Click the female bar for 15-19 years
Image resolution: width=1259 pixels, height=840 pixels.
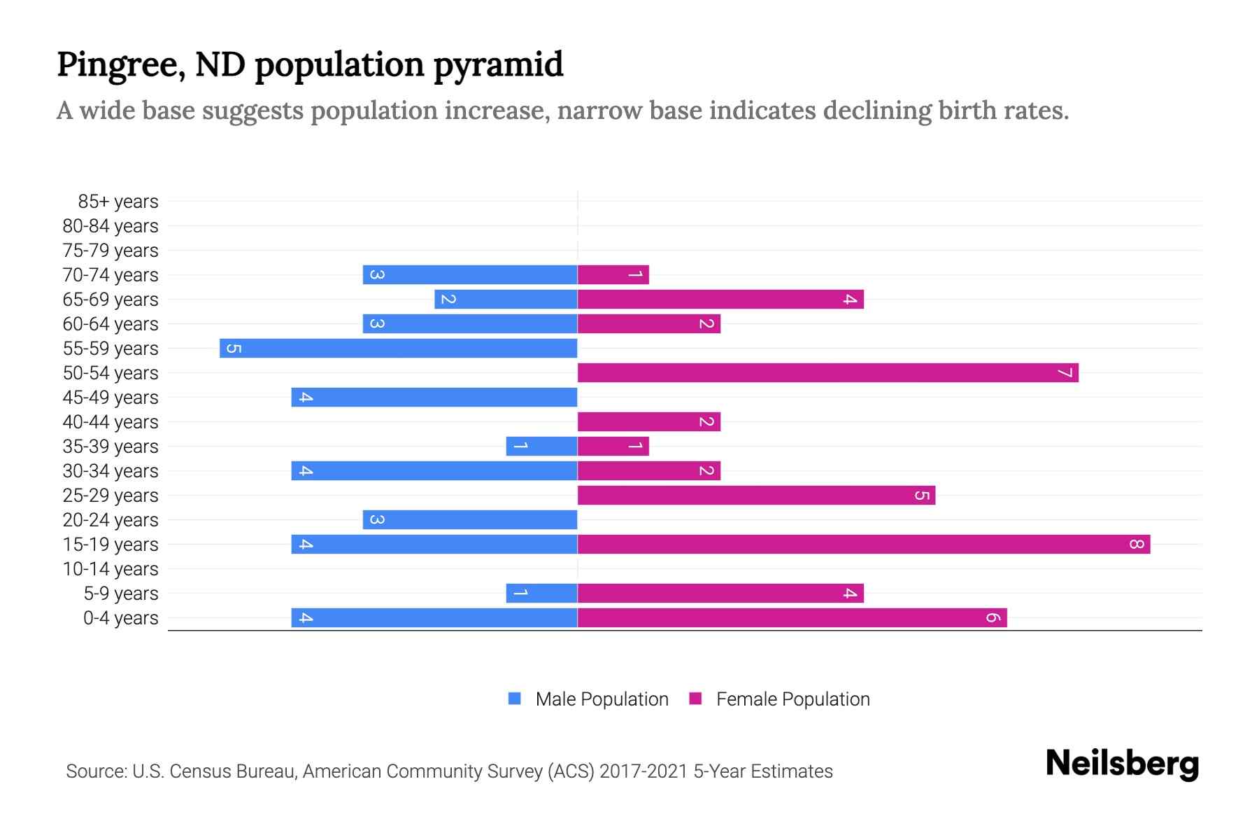[x=864, y=544]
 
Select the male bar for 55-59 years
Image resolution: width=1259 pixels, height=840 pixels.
[x=398, y=348]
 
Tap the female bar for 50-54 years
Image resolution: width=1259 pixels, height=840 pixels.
[x=827, y=372]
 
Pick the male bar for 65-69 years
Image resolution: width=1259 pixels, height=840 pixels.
[x=506, y=299]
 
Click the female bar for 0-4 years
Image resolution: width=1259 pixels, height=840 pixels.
[x=792, y=617]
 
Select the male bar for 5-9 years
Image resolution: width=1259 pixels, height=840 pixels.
[x=541, y=593]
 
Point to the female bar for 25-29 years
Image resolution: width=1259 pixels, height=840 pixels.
[x=756, y=495]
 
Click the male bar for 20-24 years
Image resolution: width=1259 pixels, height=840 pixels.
[x=470, y=519]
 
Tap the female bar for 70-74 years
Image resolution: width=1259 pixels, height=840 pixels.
[x=613, y=274]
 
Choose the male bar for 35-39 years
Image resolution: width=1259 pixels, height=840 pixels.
[x=541, y=446]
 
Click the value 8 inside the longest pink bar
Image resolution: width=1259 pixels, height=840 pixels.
[x=1136, y=544]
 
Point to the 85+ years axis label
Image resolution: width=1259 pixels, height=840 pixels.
[x=118, y=202]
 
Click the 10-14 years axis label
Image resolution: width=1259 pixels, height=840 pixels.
[x=111, y=569]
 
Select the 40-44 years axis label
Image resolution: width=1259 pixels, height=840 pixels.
[x=111, y=422]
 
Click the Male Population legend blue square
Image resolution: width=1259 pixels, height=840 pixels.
[x=515, y=699]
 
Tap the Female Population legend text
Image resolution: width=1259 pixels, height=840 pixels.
[x=792, y=699]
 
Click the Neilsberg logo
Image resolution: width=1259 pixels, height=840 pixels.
[x=1122, y=764]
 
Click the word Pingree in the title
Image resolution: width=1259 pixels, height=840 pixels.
[x=121, y=65]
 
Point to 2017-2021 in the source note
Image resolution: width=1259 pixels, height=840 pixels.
[x=643, y=771]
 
